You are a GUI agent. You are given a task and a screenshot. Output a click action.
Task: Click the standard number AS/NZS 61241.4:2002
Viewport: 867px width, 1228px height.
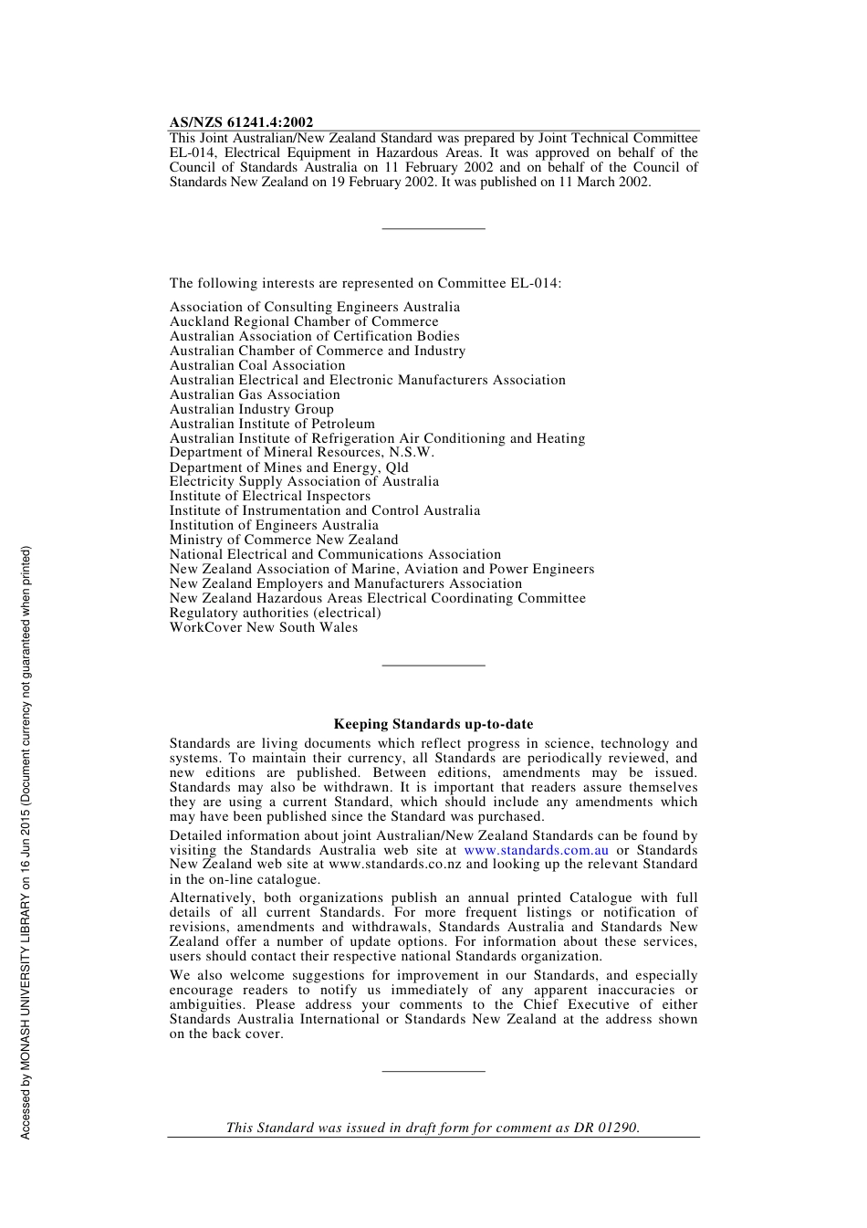[x=241, y=122]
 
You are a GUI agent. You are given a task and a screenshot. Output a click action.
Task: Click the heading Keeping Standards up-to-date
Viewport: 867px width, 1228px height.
[x=433, y=724]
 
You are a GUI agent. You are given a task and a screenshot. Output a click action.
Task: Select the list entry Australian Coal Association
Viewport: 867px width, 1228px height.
[x=257, y=365]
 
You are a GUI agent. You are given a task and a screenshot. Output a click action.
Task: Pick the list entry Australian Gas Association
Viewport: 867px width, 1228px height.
[x=255, y=394]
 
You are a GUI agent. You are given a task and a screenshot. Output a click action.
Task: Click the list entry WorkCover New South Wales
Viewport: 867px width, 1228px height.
[x=264, y=627]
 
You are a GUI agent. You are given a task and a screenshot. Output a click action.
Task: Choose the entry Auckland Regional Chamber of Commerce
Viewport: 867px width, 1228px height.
[x=304, y=321]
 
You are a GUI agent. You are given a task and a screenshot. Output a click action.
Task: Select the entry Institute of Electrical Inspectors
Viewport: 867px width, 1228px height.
[x=270, y=496]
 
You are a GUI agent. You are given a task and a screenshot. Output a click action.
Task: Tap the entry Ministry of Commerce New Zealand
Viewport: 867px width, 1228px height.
[x=284, y=540]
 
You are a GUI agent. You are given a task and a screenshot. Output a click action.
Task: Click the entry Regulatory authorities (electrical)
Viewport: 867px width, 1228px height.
[x=275, y=613]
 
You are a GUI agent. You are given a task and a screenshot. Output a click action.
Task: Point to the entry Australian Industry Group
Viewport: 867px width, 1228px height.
[x=251, y=409]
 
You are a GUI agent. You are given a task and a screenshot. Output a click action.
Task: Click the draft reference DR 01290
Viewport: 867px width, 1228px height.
[x=606, y=1128]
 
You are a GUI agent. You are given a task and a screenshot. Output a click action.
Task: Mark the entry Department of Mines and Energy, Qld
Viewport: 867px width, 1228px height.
[x=288, y=467]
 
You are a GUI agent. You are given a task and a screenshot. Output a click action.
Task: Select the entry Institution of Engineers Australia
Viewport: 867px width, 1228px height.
[x=274, y=525]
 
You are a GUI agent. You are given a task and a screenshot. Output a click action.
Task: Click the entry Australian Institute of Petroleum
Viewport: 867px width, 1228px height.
[x=272, y=424]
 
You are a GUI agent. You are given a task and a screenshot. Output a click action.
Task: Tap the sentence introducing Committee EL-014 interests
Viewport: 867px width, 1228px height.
[x=365, y=283]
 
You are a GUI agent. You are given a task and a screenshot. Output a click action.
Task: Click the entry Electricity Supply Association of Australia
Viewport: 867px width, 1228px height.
[x=304, y=481]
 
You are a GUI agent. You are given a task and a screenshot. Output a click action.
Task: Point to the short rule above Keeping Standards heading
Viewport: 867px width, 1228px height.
[x=433, y=666]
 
